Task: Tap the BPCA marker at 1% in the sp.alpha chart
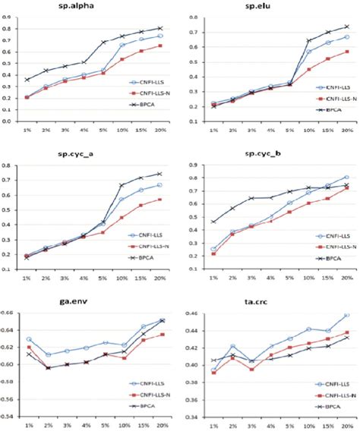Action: coord(27,80)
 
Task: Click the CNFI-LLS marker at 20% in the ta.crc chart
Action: coord(346,315)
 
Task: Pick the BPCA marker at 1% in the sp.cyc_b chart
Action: coord(192,222)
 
